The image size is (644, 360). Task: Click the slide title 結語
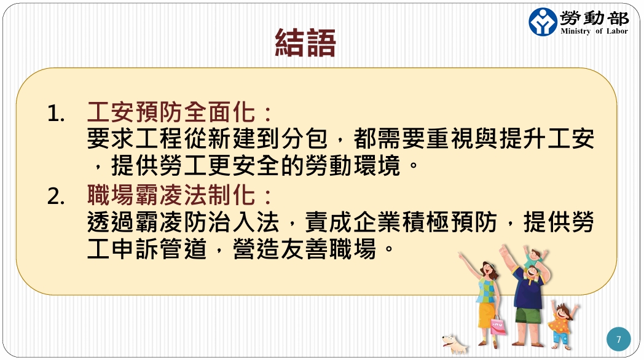tap(305, 42)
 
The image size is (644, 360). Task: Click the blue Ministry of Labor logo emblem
tap(543, 22)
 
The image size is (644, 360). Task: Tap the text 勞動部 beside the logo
tap(594, 18)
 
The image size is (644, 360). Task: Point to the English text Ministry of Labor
tap(594, 31)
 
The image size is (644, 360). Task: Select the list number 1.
tap(56, 113)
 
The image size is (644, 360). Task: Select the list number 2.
tap(56, 196)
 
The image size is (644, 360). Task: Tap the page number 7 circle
tap(619, 339)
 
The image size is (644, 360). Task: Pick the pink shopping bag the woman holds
tap(498, 326)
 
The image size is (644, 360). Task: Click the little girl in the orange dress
tap(562, 324)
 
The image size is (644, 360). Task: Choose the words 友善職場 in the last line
tap(328, 249)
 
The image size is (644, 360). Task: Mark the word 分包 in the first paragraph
tap(304, 139)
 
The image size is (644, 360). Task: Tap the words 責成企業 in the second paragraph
tap(353, 222)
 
